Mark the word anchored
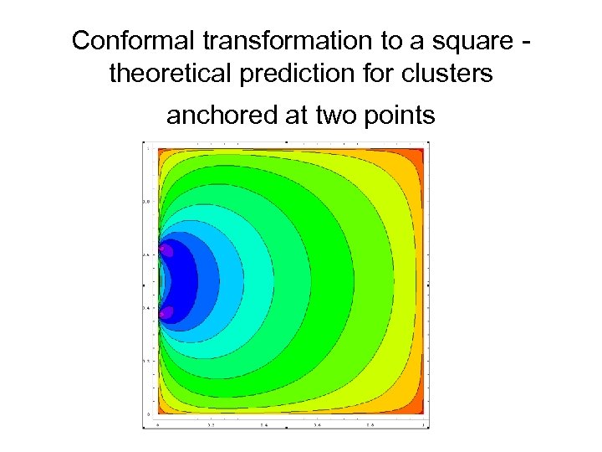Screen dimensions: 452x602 click(x=218, y=116)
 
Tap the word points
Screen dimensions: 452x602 click(x=396, y=116)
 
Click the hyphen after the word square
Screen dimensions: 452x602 click(x=526, y=40)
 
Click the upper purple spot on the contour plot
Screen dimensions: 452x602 click(x=166, y=249)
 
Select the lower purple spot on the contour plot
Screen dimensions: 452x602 click(x=166, y=312)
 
